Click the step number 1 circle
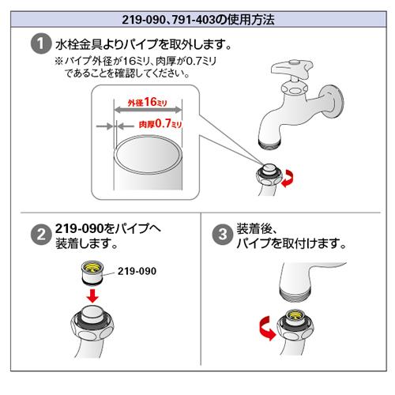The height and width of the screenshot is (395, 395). pyautogui.click(x=41, y=43)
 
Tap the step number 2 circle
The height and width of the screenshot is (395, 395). pyautogui.click(x=41, y=234)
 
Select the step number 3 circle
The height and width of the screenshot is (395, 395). pyautogui.click(x=223, y=234)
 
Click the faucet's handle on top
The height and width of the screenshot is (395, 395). pyautogui.click(x=292, y=69)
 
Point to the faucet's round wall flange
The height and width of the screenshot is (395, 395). pyautogui.click(x=333, y=102)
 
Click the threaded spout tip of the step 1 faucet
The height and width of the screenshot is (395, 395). pyautogui.click(x=269, y=144)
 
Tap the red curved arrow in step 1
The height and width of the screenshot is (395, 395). pyautogui.click(x=288, y=179)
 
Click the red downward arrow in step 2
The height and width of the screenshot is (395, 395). pyautogui.click(x=92, y=295)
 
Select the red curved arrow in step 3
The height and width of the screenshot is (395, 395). pyautogui.click(x=266, y=328)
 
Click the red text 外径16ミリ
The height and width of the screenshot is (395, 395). pyautogui.click(x=148, y=102)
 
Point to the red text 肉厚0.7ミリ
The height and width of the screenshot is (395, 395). pyautogui.click(x=160, y=123)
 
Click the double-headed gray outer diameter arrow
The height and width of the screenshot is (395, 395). pyautogui.click(x=148, y=110)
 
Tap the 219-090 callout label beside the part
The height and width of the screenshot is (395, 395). pyautogui.click(x=137, y=271)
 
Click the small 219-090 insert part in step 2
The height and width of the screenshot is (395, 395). pyautogui.click(x=92, y=273)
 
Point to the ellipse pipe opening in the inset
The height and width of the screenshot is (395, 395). pyautogui.click(x=148, y=155)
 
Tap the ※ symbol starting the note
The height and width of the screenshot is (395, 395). pyautogui.click(x=59, y=62)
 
